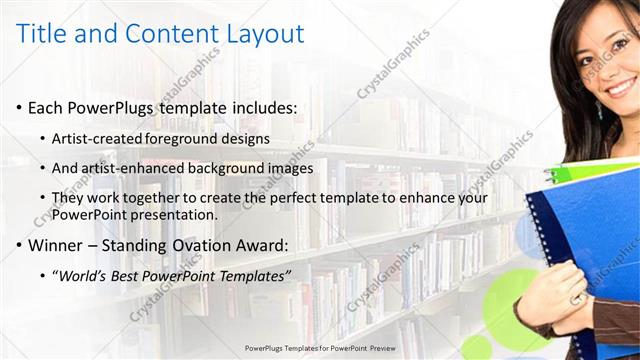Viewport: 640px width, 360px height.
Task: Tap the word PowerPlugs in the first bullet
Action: click(x=116, y=107)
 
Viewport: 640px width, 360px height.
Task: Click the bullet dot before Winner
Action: click(x=21, y=245)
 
